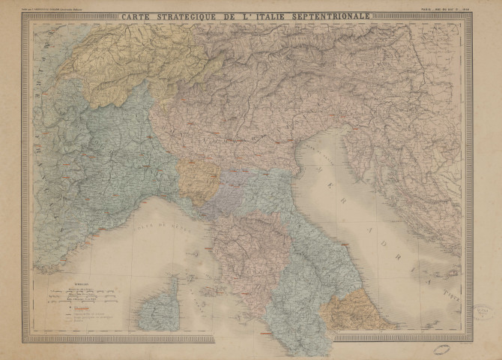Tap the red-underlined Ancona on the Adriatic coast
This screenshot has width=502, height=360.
pos(346,244)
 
